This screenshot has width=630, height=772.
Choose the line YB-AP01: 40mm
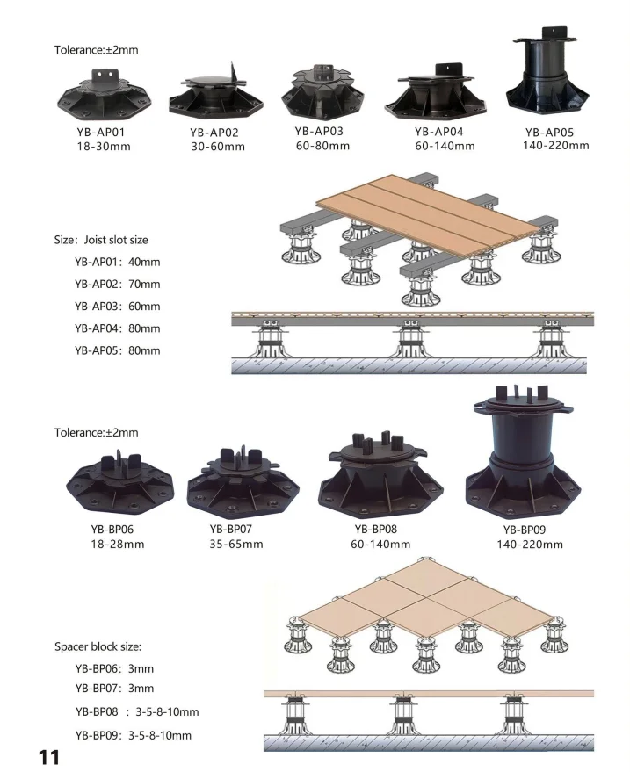pyautogui.click(x=118, y=262)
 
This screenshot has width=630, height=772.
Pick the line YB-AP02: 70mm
pyautogui.click(x=118, y=284)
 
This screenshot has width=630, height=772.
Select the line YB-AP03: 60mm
pyautogui.click(x=118, y=306)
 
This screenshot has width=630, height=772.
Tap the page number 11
pyautogui.click(x=47, y=754)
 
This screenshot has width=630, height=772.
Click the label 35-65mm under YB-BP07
pyautogui.click(x=235, y=544)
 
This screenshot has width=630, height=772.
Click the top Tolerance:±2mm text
pyautogui.click(x=97, y=50)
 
